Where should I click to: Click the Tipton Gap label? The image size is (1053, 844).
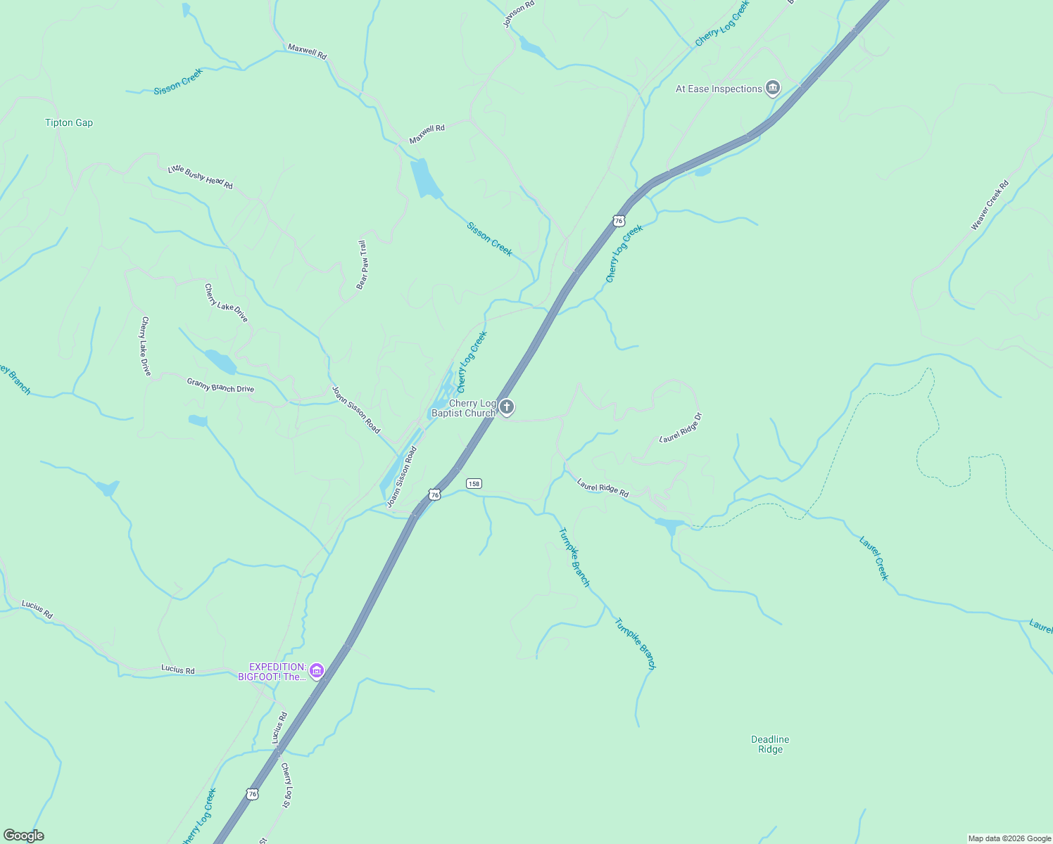point(69,122)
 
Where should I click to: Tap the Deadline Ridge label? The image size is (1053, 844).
point(770,744)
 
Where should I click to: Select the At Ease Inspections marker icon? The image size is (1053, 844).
point(773,88)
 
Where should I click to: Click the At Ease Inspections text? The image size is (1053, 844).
point(719,89)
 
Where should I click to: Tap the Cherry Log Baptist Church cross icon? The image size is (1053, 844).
point(507,407)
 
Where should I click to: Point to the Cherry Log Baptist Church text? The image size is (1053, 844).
point(465,409)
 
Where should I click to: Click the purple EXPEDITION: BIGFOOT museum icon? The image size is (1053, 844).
point(317,672)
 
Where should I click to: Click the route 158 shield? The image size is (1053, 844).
point(474,484)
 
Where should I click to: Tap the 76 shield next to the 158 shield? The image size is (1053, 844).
point(435,495)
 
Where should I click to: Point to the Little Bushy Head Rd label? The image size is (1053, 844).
point(201,177)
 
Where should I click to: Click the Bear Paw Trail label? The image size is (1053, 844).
point(362,265)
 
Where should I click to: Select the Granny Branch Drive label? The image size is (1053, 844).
point(220,385)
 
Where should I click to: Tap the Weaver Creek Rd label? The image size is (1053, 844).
point(990,205)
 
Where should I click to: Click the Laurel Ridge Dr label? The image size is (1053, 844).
point(681,428)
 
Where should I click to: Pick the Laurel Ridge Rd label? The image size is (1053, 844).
point(603,488)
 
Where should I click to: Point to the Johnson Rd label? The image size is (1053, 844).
point(519,14)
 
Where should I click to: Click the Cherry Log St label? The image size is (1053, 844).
point(286,784)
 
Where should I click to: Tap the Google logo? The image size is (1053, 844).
point(24,836)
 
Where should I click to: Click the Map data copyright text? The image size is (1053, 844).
point(1009,838)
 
